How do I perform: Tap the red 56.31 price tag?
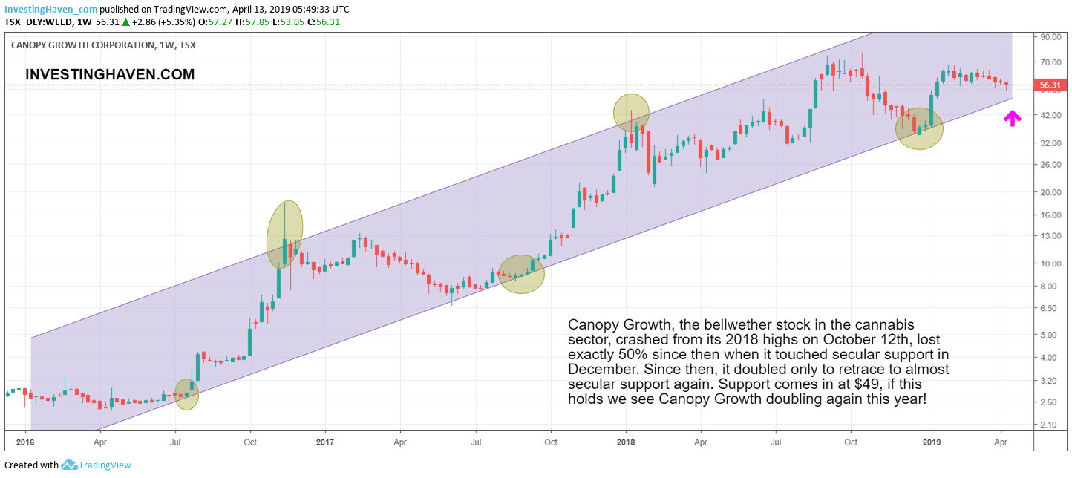(x=1049, y=85)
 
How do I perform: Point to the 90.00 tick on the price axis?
(x=1048, y=37)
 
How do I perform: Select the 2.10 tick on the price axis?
(x=1048, y=424)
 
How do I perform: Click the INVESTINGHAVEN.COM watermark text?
(x=110, y=74)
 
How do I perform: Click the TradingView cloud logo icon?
(x=69, y=465)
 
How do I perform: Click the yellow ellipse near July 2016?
(x=186, y=394)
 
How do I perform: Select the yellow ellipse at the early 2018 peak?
(x=631, y=113)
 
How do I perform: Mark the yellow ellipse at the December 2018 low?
(x=919, y=128)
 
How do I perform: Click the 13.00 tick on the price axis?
(x=1048, y=236)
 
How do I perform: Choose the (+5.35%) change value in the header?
(x=175, y=22)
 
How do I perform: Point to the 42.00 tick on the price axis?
(x=1048, y=115)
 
